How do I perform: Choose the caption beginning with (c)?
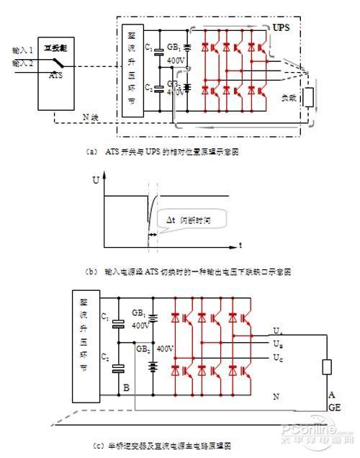170,446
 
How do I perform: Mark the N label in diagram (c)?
276,395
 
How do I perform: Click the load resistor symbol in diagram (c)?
328,367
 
